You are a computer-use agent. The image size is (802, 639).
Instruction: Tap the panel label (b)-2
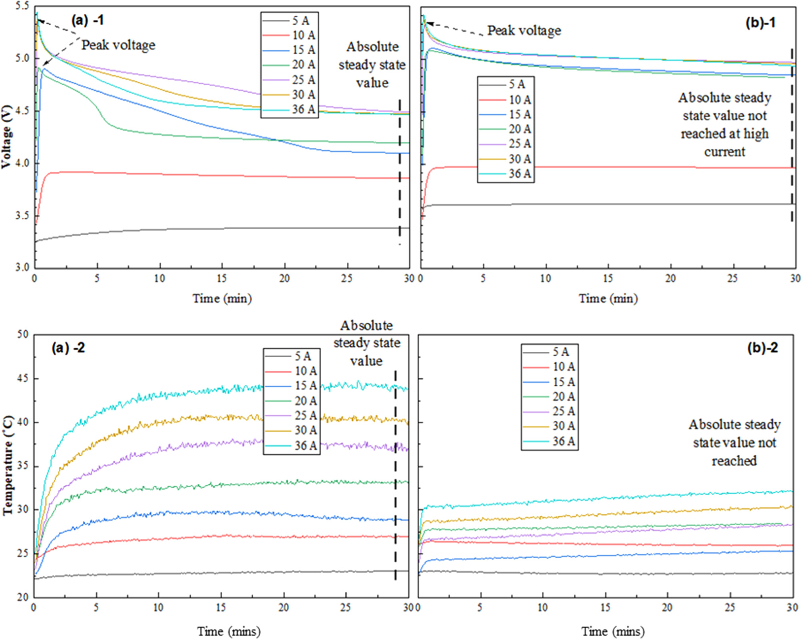[x=762, y=348]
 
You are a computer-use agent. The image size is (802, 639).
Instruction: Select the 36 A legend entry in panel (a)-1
[x=290, y=109]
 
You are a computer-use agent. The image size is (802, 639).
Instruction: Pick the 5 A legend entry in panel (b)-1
[x=505, y=84]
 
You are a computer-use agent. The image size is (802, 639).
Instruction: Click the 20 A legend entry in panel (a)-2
[x=291, y=401]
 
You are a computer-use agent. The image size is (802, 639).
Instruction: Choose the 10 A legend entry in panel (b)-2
[x=549, y=367]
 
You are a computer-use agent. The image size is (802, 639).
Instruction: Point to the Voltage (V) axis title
[x=6, y=137]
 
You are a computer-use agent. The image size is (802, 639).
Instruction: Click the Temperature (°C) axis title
[x=8, y=465]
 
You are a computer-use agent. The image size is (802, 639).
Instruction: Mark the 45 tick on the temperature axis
[x=23, y=379]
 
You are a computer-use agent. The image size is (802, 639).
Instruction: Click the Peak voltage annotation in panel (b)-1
[x=524, y=31]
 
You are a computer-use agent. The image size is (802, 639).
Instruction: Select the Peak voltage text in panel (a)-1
[x=118, y=45]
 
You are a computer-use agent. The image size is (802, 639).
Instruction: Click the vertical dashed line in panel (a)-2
[x=395, y=475]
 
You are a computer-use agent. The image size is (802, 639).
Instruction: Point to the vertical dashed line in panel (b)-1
[x=792, y=135]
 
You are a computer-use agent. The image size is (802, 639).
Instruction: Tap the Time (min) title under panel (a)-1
[x=222, y=298]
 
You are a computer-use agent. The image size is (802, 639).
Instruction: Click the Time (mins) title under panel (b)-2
[x=613, y=631]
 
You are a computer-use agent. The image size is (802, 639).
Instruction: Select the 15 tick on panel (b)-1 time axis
[x=608, y=278]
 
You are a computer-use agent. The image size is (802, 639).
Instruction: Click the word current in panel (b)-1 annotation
[x=724, y=152]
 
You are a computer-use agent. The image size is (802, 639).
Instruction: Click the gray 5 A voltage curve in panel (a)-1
[x=198, y=229]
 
